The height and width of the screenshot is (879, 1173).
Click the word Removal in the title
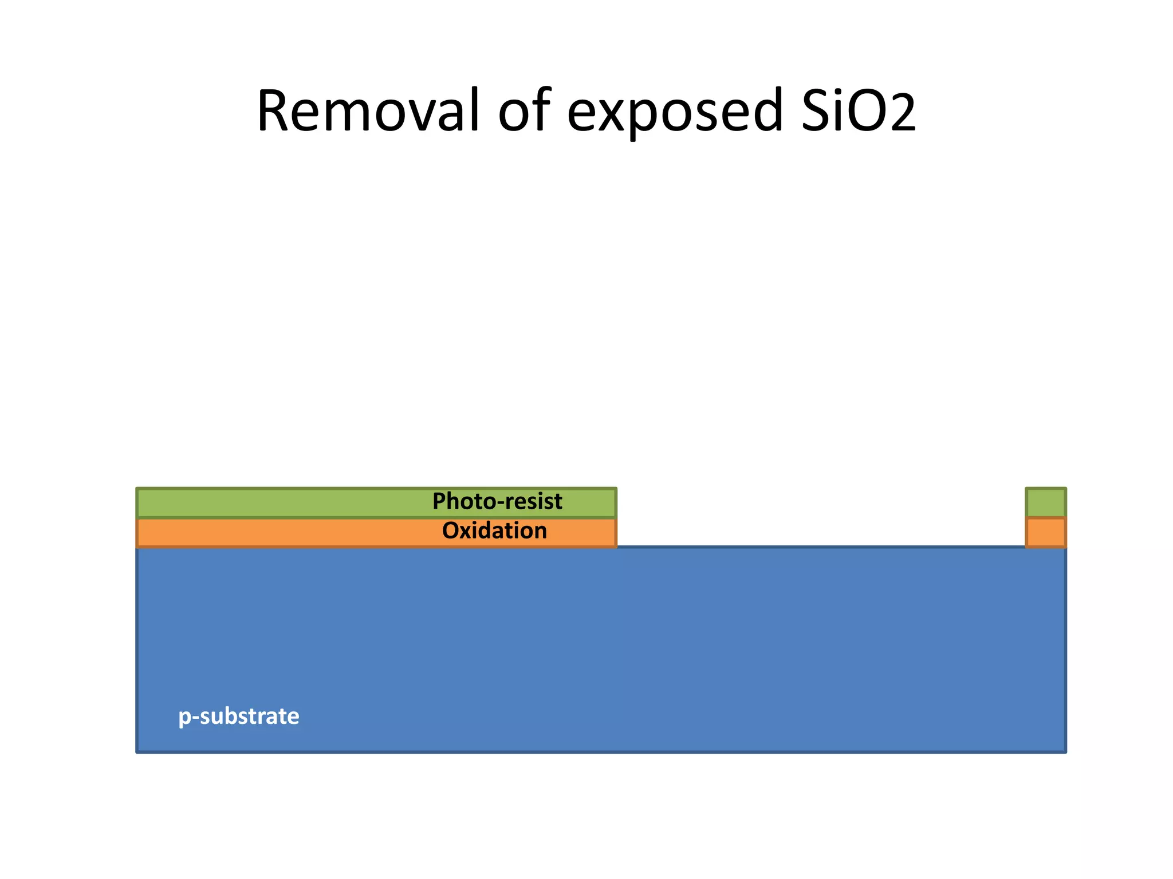click(367, 112)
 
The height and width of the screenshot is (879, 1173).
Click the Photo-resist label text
click(497, 501)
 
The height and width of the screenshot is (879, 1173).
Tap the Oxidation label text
click(494, 531)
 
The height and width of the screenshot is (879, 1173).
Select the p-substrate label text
click(238, 716)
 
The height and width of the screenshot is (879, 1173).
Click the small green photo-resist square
click(1045, 502)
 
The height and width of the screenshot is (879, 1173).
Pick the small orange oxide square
click(1045, 532)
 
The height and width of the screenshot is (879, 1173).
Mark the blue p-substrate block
click(601, 647)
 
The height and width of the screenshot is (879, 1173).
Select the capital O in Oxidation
click(450, 531)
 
